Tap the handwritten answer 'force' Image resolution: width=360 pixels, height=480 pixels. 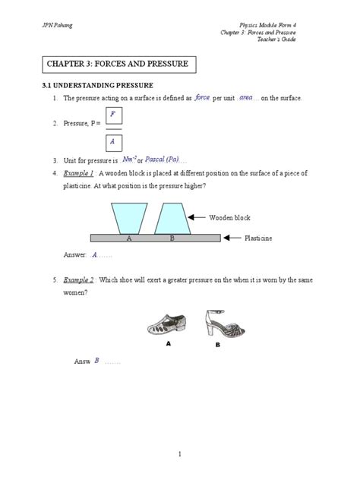(x=202, y=98)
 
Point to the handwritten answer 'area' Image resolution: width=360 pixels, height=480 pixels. (x=246, y=98)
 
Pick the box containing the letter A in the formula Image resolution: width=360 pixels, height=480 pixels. (x=113, y=141)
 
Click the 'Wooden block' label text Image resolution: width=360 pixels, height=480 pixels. (x=230, y=218)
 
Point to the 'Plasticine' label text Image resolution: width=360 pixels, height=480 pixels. (x=258, y=238)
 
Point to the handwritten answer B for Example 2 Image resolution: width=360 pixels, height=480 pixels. (x=97, y=361)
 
